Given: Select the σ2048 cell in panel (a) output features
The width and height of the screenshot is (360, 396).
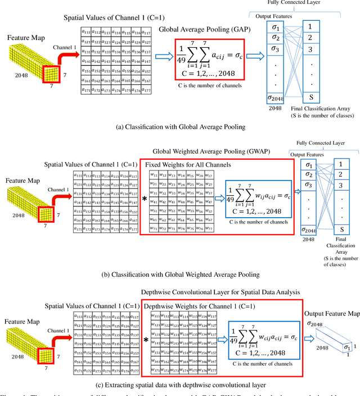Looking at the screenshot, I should point(274,99).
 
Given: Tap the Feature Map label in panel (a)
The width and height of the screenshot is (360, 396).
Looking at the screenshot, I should point(26,38).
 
